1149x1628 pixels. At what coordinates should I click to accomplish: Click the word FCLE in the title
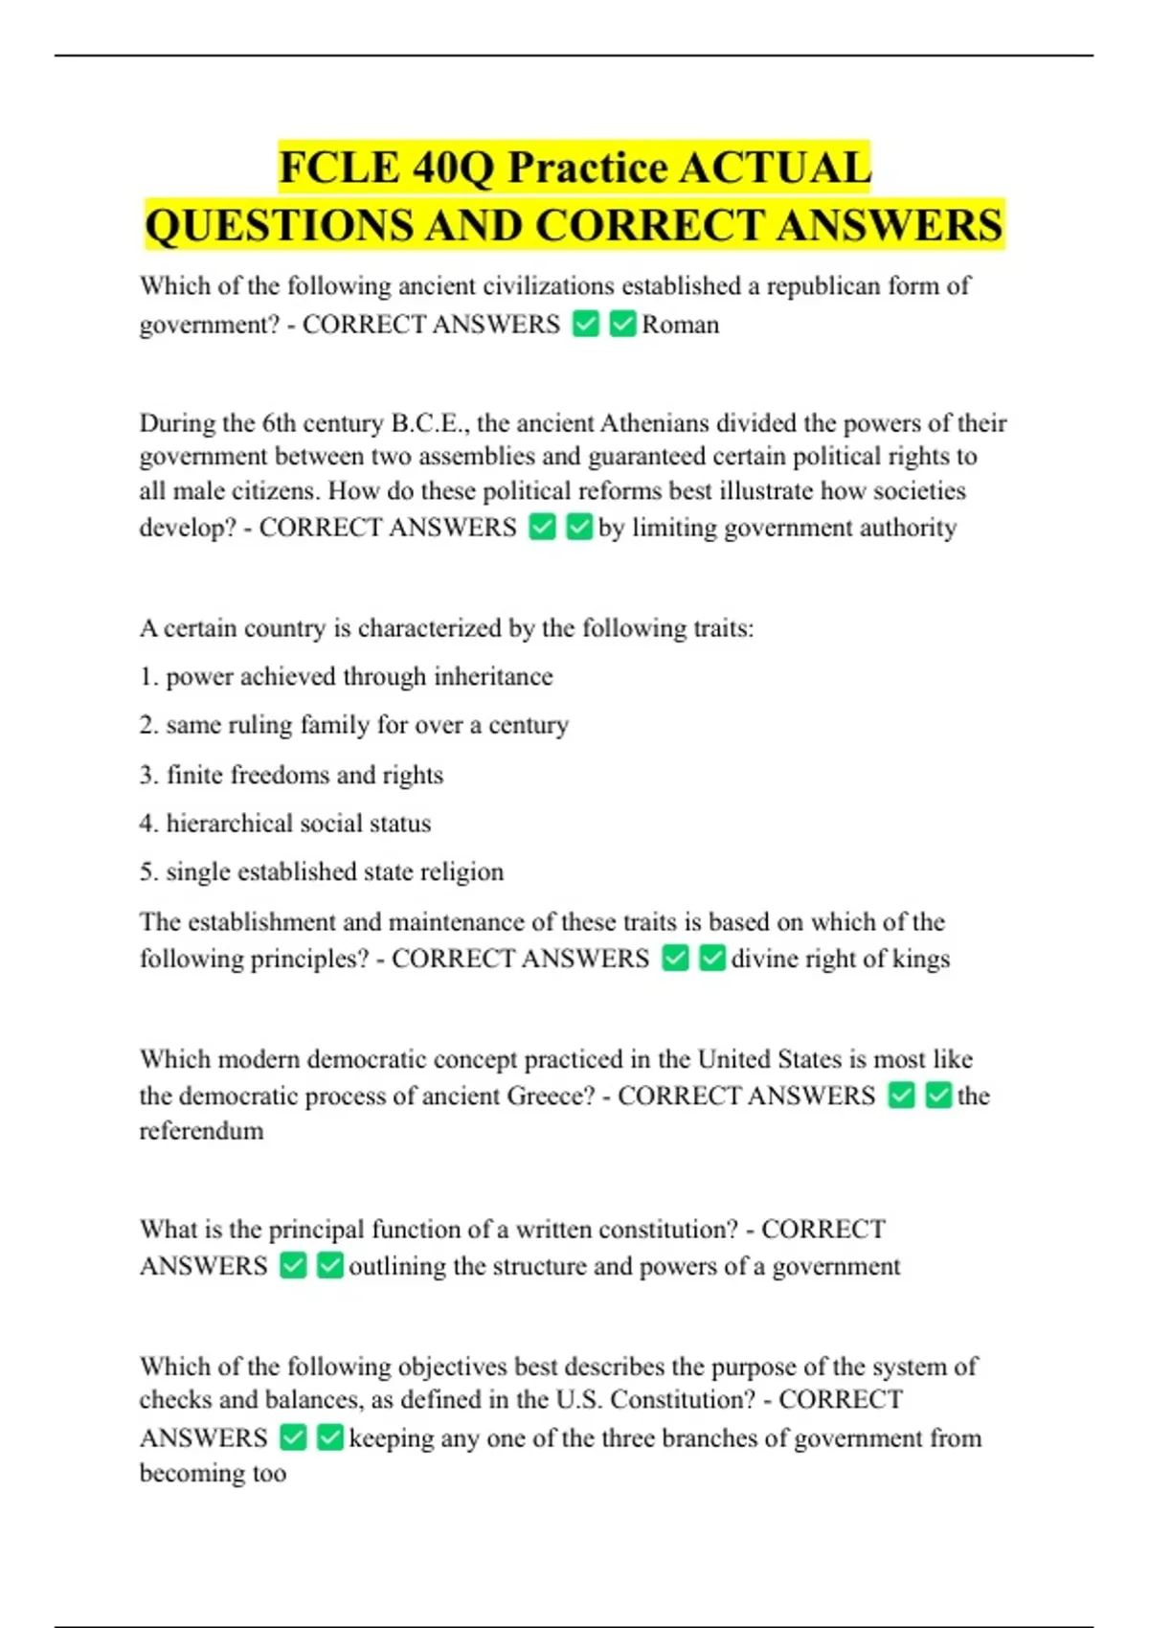(340, 168)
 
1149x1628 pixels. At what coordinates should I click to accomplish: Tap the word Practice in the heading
(587, 168)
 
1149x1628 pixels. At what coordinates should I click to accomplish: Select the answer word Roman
(680, 325)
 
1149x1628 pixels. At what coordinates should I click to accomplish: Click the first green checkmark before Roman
(585, 325)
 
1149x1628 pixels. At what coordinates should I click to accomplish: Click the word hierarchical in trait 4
(230, 823)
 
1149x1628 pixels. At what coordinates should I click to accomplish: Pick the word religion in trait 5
(466, 871)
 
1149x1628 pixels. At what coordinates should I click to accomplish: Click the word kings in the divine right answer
(921, 959)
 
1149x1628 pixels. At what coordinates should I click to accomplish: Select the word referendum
(201, 1131)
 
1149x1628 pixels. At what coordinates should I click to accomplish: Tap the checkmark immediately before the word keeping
(329, 1437)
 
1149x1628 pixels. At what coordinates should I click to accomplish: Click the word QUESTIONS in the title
(280, 226)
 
